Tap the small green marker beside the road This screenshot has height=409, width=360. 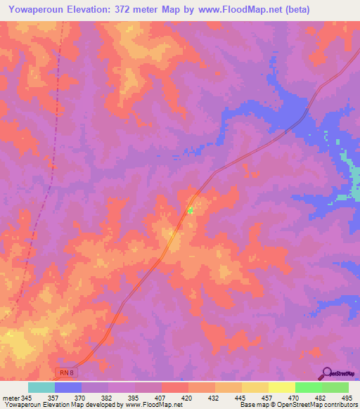[x=190, y=209]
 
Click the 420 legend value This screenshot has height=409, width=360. [x=188, y=398]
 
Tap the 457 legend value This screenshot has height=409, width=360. [x=268, y=398]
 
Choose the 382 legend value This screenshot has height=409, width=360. [x=108, y=398]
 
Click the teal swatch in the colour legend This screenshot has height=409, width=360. [x=41, y=387]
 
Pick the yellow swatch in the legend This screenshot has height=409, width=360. [x=281, y=387]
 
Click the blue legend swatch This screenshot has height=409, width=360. [x=68, y=387]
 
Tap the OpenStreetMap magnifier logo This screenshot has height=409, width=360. [x=326, y=373]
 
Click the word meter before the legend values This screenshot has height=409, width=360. [x=10, y=398]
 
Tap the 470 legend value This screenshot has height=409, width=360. [x=295, y=398]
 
